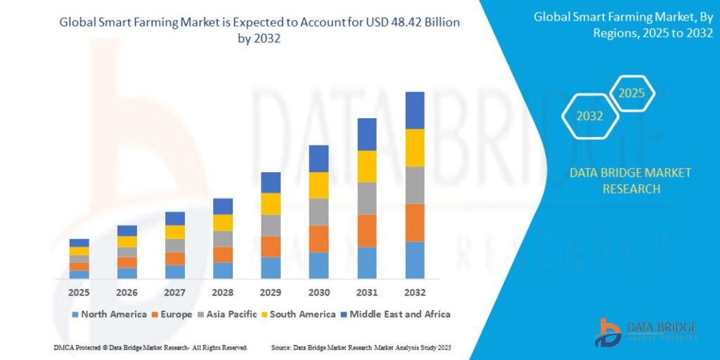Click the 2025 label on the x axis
(x=79, y=292)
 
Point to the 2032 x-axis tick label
(x=415, y=292)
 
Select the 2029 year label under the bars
(x=271, y=292)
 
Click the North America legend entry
(x=108, y=314)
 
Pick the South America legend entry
(x=300, y=314)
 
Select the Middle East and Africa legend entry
(x=394, y=314)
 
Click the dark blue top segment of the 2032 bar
(x=415, y=110)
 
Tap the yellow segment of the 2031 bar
(x=367, y=166)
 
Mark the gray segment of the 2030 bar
(x=319, y=212)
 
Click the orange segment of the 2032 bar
(x=415, y=222)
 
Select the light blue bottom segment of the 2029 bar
(x=271, y=268)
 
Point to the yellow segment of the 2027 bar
(x=175, y=232)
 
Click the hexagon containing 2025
(x=631, y=94)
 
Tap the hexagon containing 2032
(x=590, y=116)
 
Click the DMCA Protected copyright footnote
(x=150, y=348)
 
